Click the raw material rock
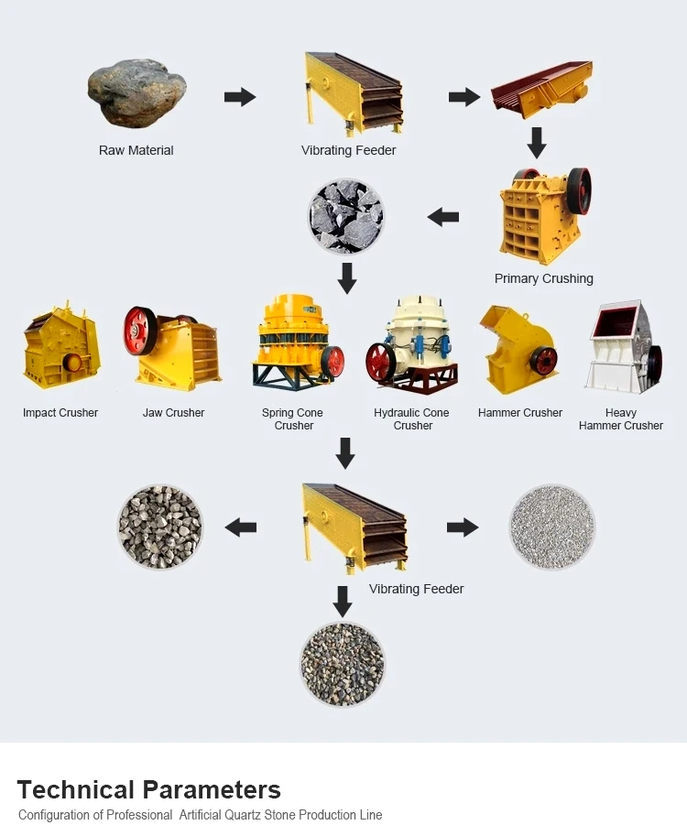[x=136, y=92]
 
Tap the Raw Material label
[x=136, y=150]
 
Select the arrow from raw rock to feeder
[x=240, y=96]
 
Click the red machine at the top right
[x=541, y=88]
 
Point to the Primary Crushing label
[x=543, y=278]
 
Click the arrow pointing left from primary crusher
[x=443, y=217]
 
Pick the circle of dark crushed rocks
[x=346, y=216]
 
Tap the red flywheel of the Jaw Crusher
[x=141, y=331]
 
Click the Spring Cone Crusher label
[x=293, y=419]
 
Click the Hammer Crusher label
[x=520, y=413]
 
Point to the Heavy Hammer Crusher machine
[x=625, y=349]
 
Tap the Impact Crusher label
[x=60, y=413]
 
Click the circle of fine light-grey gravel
[x=551, y=527]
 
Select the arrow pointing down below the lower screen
[x=343, y=602]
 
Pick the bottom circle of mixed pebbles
[x=343, y=664]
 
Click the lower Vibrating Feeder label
[x=416, y=589]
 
